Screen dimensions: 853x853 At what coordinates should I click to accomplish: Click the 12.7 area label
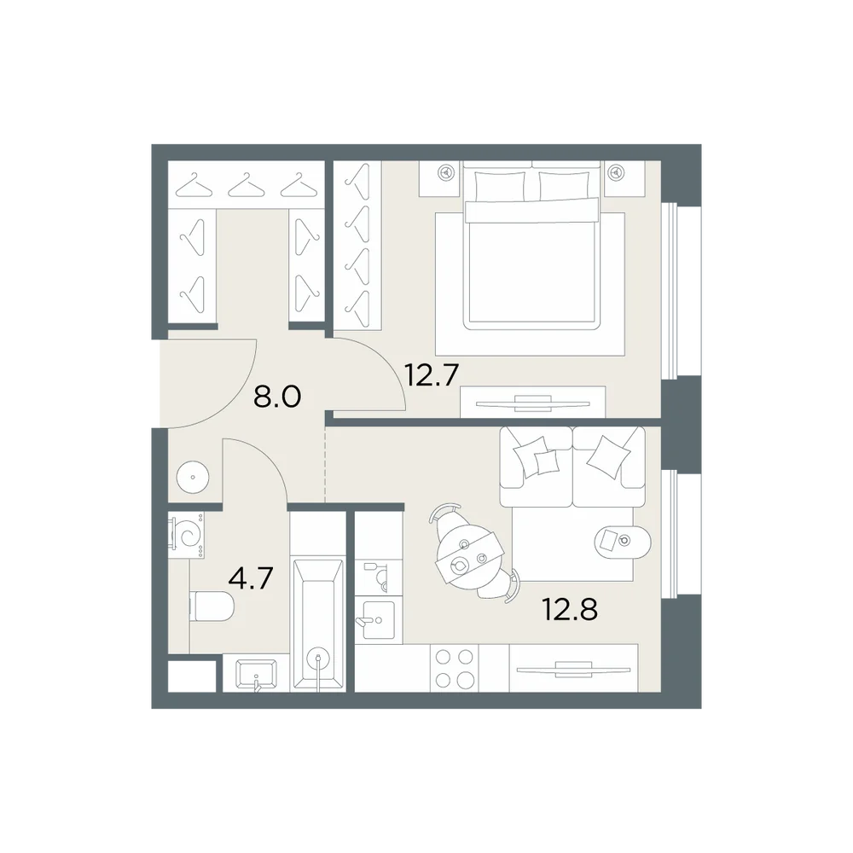click(432, 374)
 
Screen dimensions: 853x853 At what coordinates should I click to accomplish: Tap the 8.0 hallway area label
click(277, 397)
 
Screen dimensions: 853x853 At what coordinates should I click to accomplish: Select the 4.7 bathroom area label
click(250, 578)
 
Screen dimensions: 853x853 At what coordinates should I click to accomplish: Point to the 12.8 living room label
click(570, 609)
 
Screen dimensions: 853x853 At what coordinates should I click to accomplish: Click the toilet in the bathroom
click(212, 606)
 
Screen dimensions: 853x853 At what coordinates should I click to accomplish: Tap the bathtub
click(317, 624)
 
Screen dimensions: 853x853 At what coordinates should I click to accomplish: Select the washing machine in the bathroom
click(186, 534)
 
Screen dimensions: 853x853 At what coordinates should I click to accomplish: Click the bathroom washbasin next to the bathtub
click(256, 674)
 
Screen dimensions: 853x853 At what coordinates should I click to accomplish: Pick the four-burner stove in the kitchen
click(455, 668)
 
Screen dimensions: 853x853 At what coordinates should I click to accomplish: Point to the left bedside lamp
click(447, 173)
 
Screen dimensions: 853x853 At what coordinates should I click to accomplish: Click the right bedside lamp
click(617, 173)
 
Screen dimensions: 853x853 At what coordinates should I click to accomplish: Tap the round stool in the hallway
click(193, 477)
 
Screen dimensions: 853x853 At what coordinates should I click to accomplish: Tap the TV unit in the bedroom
click(532, 403)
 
